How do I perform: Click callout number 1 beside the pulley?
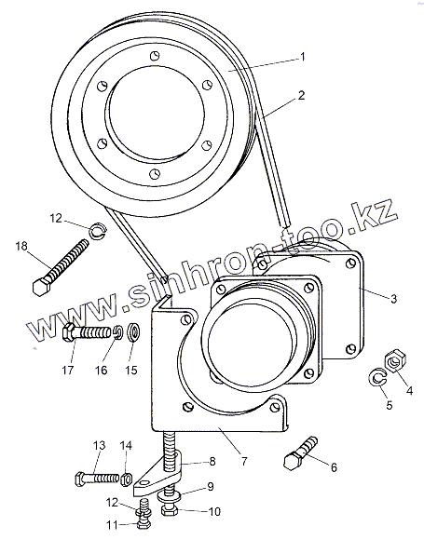tap(302, 57)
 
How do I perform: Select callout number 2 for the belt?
tap(301, 95)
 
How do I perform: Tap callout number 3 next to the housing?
tap(393, 299)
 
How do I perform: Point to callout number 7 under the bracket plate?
tap(244, 461)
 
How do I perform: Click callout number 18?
tap(21, 246)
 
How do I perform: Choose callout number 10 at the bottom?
tap(214, 511)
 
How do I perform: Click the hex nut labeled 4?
tap(395, 360)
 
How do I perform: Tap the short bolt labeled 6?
tap(300, 453)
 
